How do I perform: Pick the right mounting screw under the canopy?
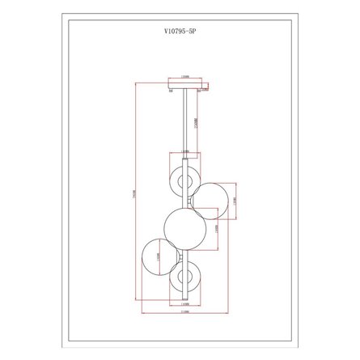201,91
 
